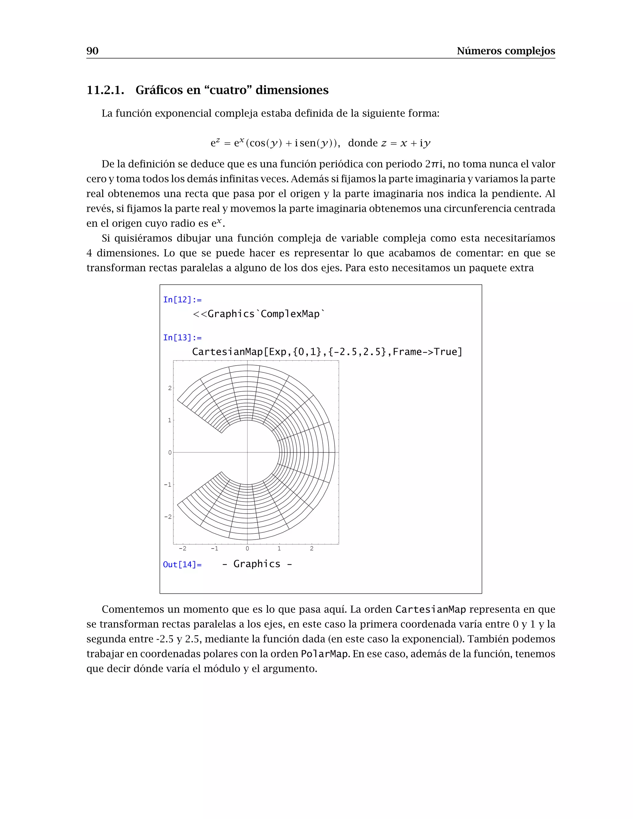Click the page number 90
pyautogui.click(x=92, y=51)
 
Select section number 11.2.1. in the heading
pyautogui.click(x=105, y=90)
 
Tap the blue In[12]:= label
pyautogui.click(x=182, y=299)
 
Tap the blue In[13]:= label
pyautogui.click(x=182, y=337)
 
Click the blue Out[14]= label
pyautogui.click(x=182, y=564)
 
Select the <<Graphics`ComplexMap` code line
pyautogui.click(x=259, y=314)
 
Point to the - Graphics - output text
pyautogui.click(x=257, y=564)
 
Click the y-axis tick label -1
pyautogui.click(x=168, y=485)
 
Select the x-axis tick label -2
pyautogui.click(x=182, y=549)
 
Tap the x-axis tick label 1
pyautogui.click(x=279, y=549)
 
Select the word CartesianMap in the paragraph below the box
pyautogui.click(x=430, y=609)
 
